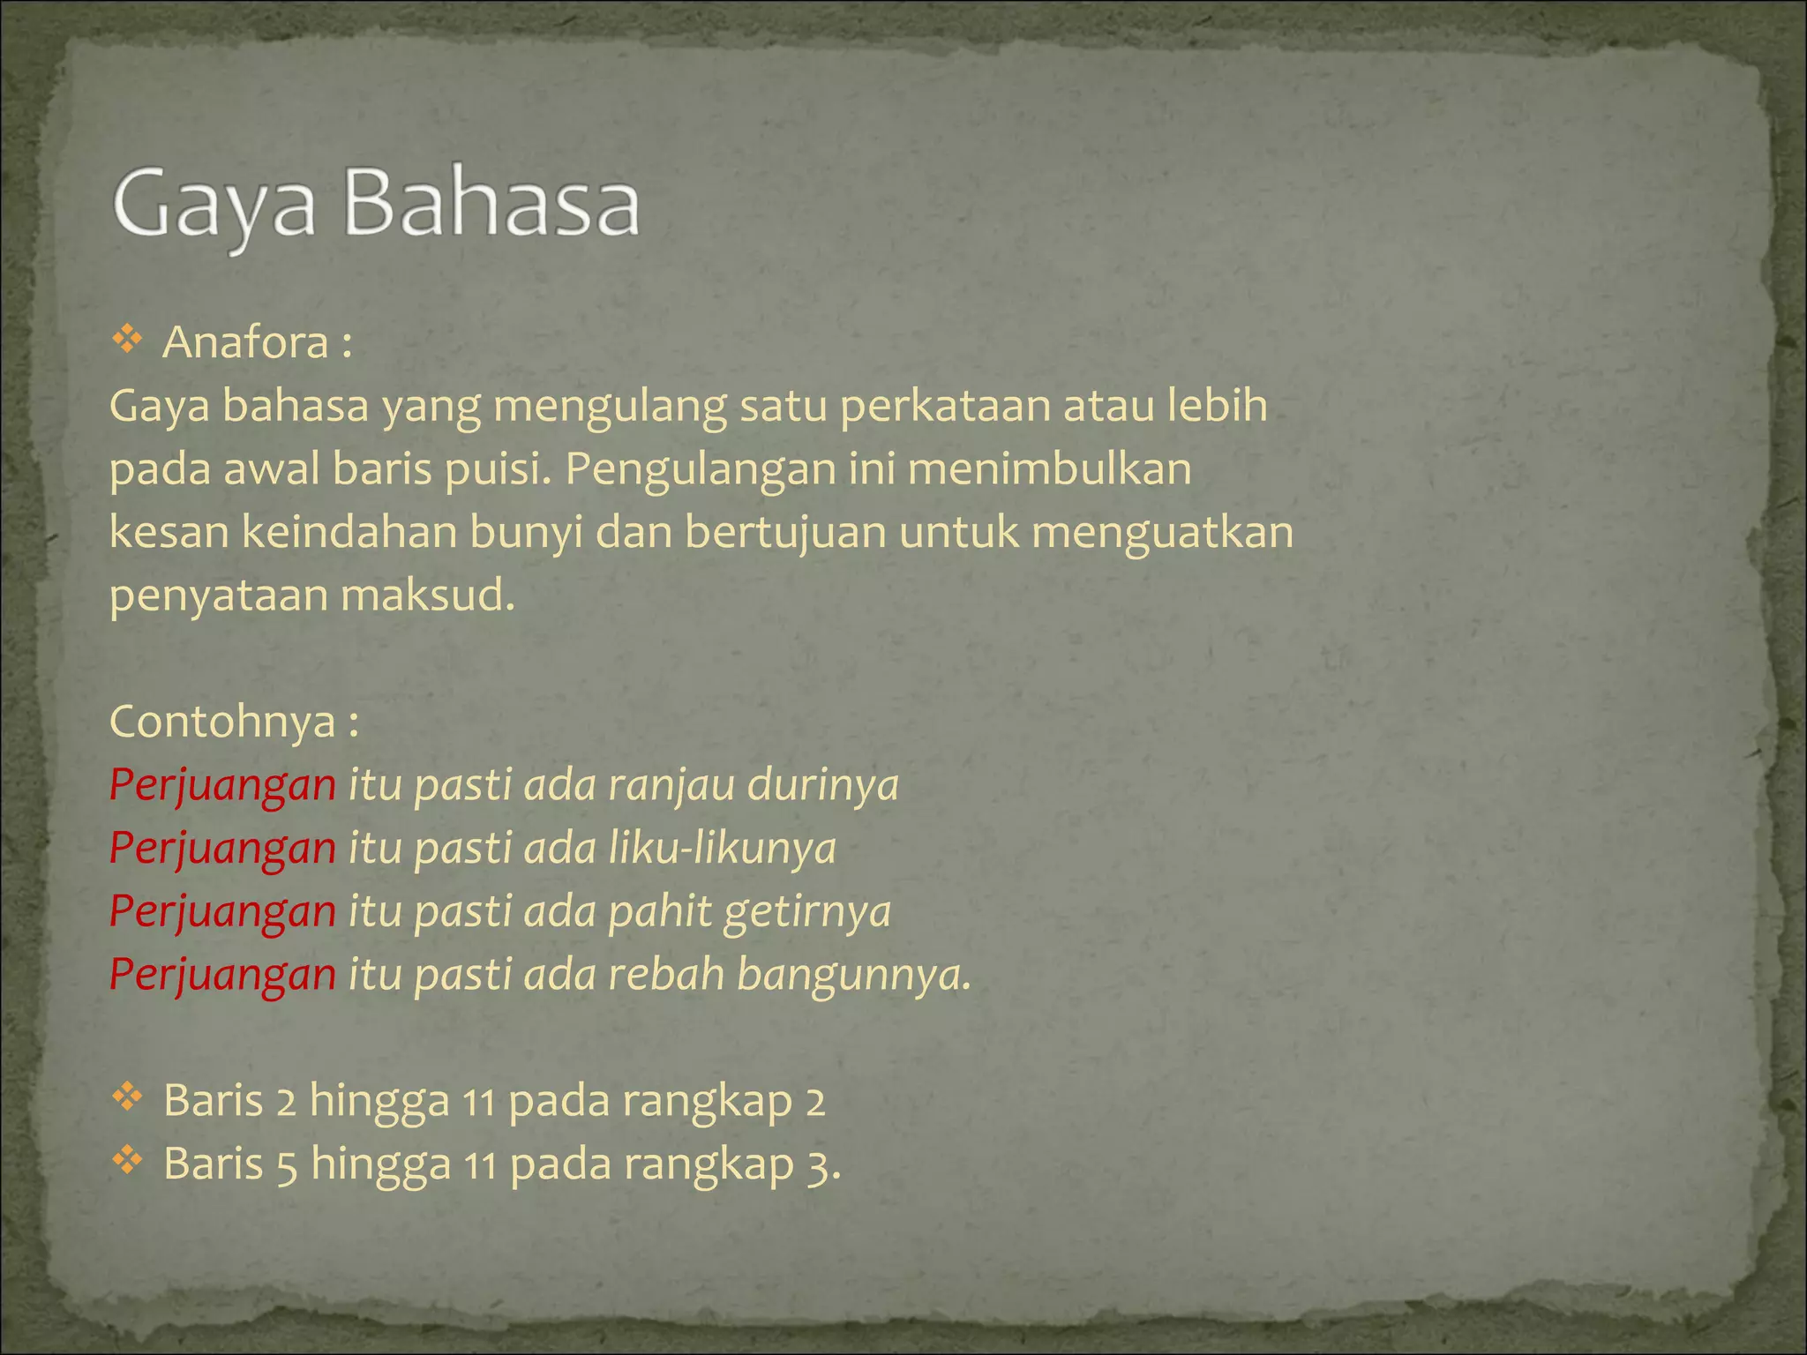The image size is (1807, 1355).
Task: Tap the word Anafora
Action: click(x=245, y=342)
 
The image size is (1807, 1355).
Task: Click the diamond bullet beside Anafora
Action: click(x=128, y=340)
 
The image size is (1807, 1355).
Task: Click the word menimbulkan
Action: click(x=1049, y=468)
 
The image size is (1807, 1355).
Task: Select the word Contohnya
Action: click(x=222, y=722)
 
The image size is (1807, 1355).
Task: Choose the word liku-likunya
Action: click(x=722, y=849)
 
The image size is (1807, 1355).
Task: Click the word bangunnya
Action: click(x=852, y=976)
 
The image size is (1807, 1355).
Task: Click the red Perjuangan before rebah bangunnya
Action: click(x=222, y=976)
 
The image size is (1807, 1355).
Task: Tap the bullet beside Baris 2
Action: click(x=128, y=1097)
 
